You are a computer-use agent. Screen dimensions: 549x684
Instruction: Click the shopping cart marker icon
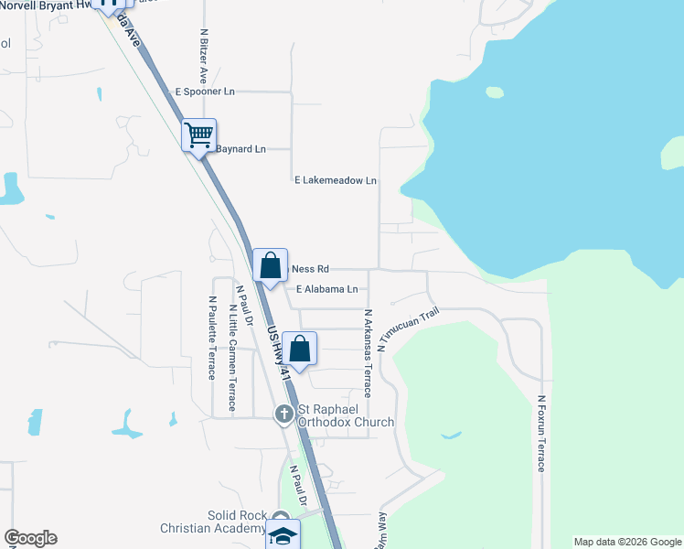click(x=199, y=135)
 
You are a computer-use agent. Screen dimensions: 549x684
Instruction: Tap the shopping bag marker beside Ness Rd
click(x=270, y=265)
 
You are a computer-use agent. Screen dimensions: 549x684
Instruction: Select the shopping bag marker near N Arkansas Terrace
click(x=299, y=348)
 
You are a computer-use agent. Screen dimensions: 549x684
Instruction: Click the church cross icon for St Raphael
click(x=284, y=415)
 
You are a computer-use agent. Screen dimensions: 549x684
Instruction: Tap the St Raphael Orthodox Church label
click(x=345, y=415)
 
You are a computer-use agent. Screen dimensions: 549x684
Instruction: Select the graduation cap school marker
click(x=283, y=535)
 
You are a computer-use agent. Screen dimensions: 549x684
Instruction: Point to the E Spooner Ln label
click(x=205, y=92)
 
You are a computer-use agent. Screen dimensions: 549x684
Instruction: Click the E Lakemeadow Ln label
click(x=336, y=180)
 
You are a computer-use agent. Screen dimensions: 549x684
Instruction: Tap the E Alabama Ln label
click(x=326, y=289)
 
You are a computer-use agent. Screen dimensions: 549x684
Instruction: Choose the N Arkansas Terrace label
click(x=368, y=352)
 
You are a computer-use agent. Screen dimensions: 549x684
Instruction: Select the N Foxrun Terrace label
click(x=541, y=433)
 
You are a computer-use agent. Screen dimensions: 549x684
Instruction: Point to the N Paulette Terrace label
click(x=212, y=337)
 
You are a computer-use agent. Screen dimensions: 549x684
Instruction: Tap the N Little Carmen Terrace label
click(x=232, y=357)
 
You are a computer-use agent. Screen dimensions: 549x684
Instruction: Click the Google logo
click(x=30, y=538)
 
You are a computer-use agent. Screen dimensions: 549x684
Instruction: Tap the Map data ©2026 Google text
click(x=627, y=542)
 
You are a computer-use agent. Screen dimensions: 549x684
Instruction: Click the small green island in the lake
click(x=495, y=91)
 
